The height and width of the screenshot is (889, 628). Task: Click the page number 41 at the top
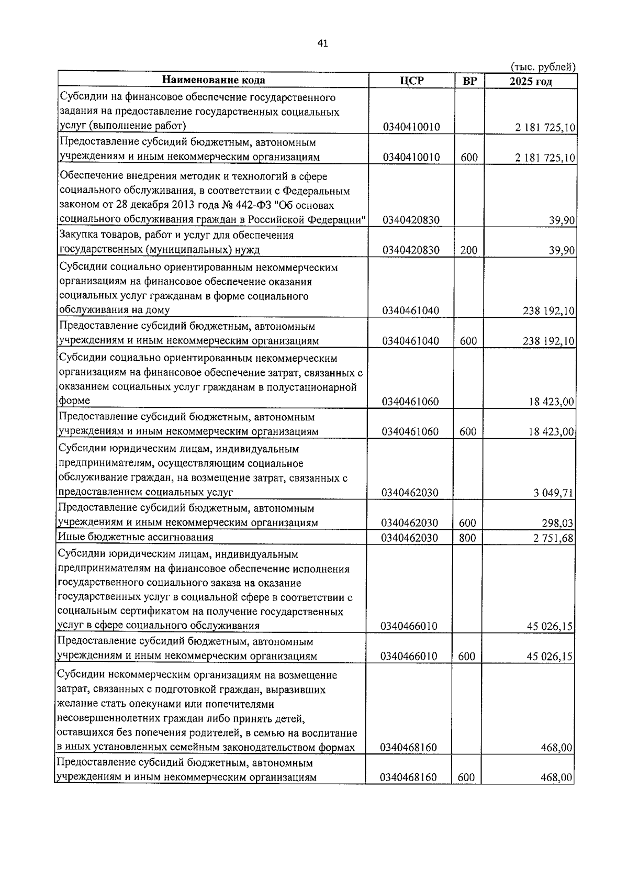[x=322, y=44]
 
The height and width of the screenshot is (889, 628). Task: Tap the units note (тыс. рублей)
[x=542, y=66]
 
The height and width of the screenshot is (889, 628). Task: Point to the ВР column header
[x=469, y=81]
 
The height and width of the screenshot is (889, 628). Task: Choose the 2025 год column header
[x=531, y=82]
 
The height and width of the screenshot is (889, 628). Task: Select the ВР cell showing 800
[x=468, y=537]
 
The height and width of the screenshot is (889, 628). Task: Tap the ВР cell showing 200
[x=468, y=250]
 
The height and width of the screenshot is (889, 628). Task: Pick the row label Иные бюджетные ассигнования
[x=136, y=537]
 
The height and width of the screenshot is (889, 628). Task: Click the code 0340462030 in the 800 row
[x=410, y=537]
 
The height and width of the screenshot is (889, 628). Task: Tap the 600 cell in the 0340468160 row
[x=466, y=777]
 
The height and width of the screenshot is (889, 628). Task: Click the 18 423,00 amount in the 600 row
[x=552, y=432]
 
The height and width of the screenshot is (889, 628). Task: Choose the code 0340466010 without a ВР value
[x=409, y=626]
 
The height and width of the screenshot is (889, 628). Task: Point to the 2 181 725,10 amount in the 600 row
[x=545, y=158]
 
